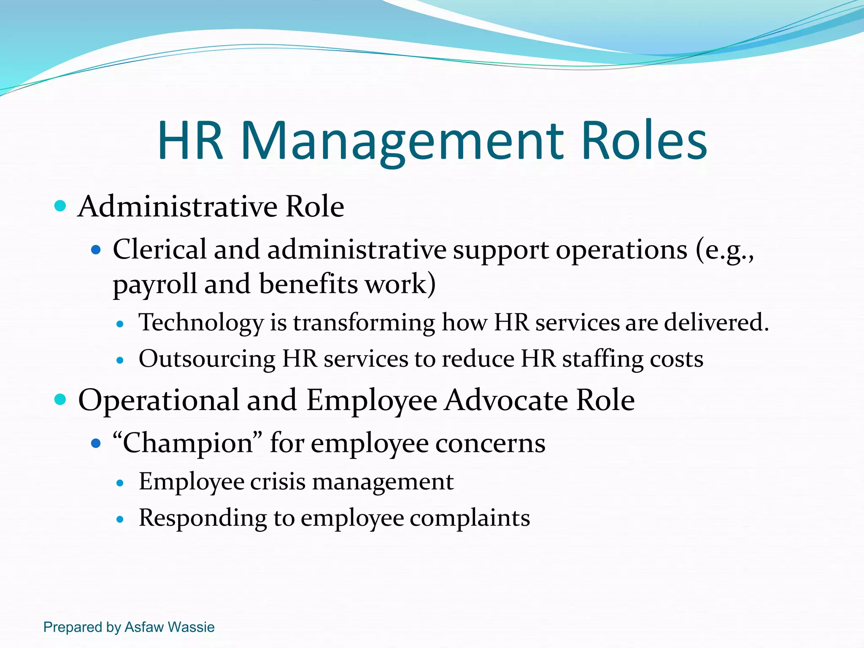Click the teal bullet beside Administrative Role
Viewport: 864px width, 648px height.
coord(61,206)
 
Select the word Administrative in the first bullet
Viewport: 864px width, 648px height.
coord(178,207)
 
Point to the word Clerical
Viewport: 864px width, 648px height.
coord(159,249)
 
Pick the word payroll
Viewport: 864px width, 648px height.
coord(154,284)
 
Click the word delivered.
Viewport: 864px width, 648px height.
coord(716,322)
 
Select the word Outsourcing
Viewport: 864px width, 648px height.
coord(207,359)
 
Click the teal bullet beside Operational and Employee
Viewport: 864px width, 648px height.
coord(61,399)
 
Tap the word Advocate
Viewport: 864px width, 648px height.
coord(506,400)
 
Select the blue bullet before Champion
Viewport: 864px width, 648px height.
coord(96,443)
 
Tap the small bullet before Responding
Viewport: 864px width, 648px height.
coord(120,519)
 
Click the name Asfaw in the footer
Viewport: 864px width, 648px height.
coord(144,627)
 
